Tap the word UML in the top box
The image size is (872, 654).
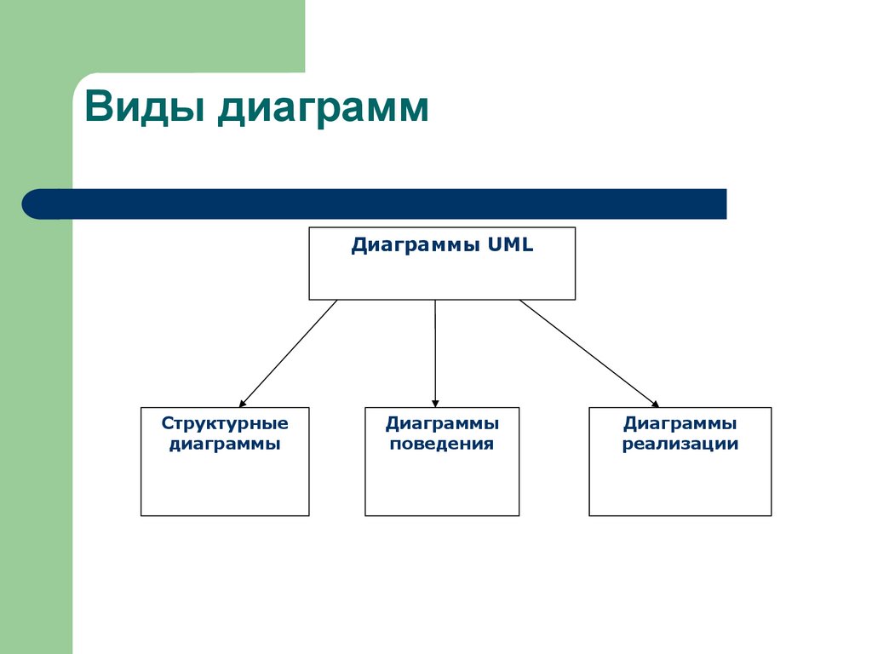tap(510, 246)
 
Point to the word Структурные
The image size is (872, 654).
tap(225, 423)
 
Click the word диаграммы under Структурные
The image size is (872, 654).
tap(225, 444)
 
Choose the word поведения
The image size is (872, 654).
tap(441, 444)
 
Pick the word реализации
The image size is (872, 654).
tap(680, 444)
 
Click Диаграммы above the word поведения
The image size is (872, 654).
tap(441, 423)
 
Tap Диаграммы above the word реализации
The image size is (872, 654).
tap(680, 423)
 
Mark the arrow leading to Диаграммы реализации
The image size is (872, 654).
tap(588, 353)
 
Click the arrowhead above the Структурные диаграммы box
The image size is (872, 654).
tap(242, 403)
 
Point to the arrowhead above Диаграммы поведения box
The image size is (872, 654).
tap(435, 403)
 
